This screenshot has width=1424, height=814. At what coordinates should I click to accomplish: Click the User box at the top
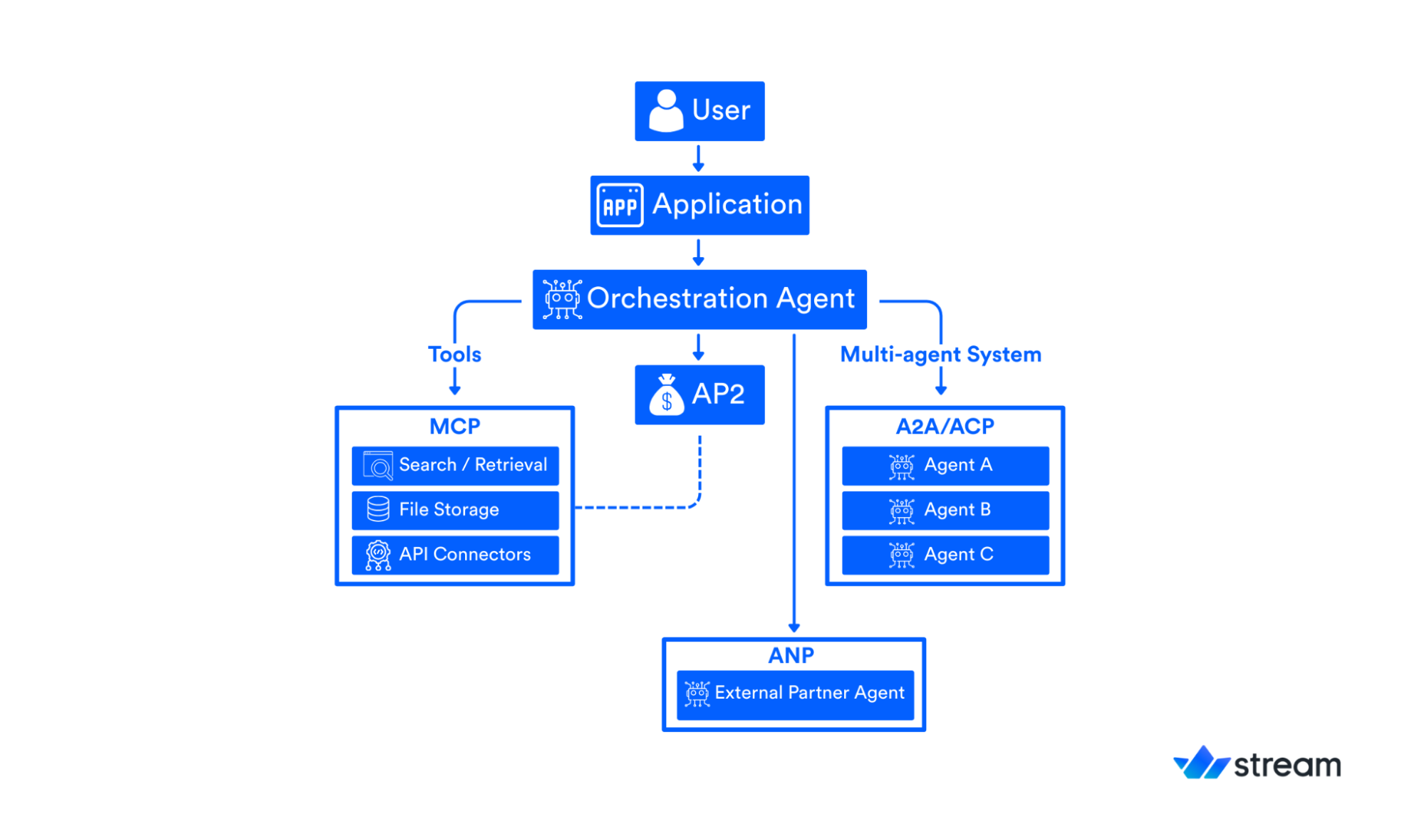tap(699, 111)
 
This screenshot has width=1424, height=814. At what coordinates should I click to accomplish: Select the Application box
tap(699, 205)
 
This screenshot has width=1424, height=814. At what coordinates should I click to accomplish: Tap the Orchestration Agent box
tap(699, 299)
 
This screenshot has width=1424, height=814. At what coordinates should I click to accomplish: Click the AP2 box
tap(699, 395)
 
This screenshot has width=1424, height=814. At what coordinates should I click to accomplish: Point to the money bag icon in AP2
tap(666, 395)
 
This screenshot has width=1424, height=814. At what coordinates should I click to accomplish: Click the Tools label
tap(454, 354)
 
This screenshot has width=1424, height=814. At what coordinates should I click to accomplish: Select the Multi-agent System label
tap(940, 354)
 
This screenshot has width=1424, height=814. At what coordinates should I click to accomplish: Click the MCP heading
tap(454, 426)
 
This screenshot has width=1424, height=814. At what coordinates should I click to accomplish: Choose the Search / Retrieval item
tap(454, 465)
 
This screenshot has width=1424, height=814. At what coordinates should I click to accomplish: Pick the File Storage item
tap(454, 510)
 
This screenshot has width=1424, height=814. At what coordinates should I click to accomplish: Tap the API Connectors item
tap(454, 555)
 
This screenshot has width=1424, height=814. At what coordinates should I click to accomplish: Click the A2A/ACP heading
tap(945, 426)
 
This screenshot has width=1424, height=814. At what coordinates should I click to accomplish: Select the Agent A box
tap(945, 465)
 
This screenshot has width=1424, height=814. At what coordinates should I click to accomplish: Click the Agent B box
tap(945, 510)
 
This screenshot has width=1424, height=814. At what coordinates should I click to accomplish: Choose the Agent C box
tap(945, 555)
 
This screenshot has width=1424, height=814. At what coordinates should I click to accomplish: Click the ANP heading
tap(791, 655)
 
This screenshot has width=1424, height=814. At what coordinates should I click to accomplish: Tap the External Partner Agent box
tap(794, 694)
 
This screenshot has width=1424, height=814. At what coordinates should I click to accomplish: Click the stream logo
tap(1257, 763)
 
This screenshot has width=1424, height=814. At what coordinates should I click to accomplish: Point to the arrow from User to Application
tap(698, 158)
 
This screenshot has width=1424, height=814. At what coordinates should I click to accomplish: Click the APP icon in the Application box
tap(620, 206)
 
